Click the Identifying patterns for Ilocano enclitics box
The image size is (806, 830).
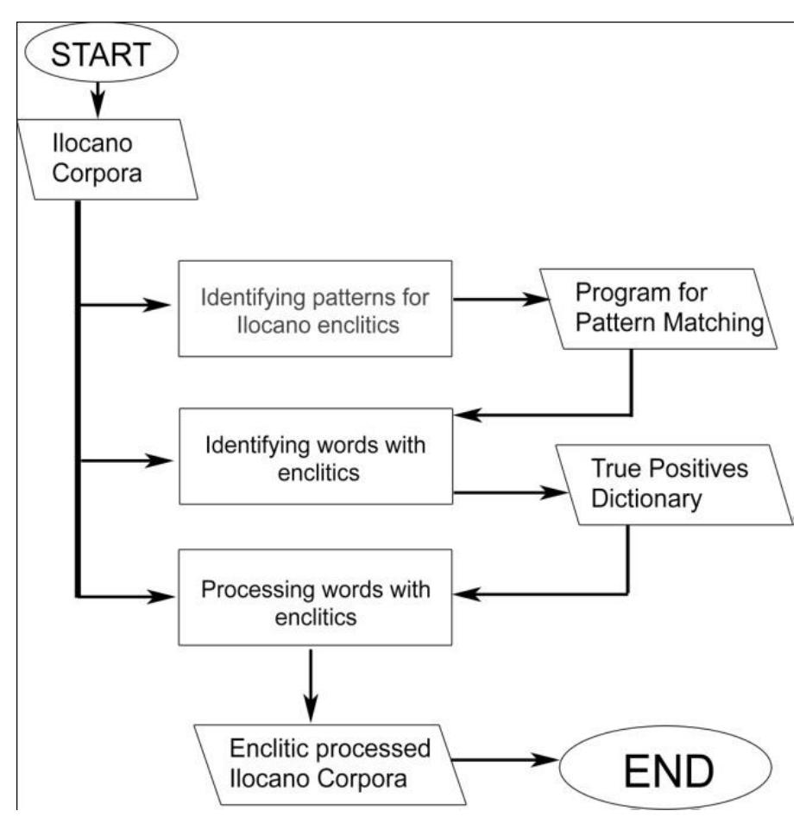pos(315,307)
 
